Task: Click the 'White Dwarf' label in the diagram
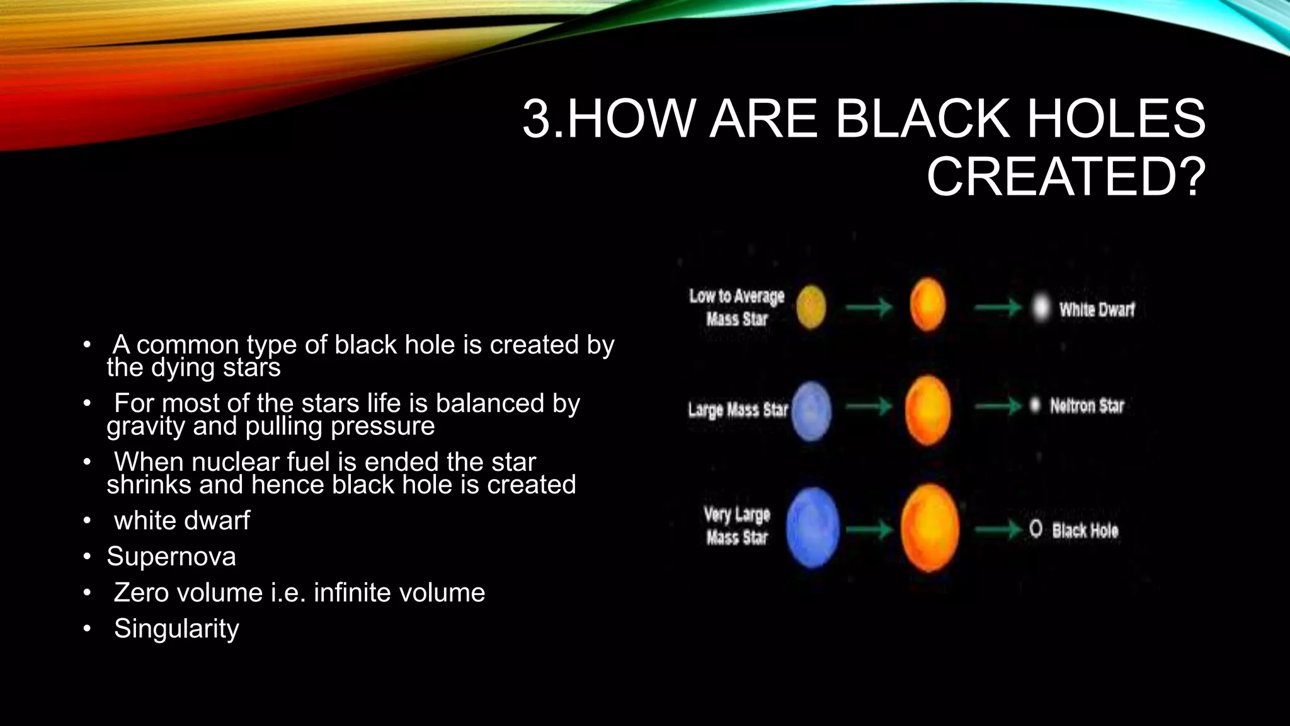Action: point(1097,309)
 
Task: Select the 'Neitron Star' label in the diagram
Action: point(1087,406)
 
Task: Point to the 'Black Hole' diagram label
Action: point(1085,531)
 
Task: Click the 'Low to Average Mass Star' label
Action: point(736,308)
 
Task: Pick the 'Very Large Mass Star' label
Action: point(736,526)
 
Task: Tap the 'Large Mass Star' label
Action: point(738,410)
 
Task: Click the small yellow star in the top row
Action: point(811,307)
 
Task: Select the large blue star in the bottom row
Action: point(813,527)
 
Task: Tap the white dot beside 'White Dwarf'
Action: point(1041,308)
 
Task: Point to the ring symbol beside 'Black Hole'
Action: point(1036,529)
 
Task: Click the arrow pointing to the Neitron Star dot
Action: point(998,406)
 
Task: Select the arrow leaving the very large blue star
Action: point(869,529)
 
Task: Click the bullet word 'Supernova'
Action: point(171,556)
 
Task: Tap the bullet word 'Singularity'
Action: point(176,628)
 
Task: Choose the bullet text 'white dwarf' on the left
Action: point(181,521)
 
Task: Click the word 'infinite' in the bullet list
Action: point(350,592)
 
